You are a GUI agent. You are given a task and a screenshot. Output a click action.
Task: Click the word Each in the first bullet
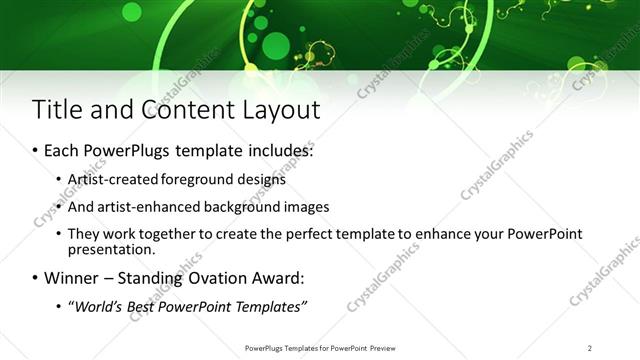coord(63,152)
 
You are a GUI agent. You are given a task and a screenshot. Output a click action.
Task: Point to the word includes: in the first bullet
coord(275,152)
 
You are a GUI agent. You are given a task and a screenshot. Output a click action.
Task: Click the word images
coord(302,207)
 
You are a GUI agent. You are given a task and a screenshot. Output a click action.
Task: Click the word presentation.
coord(110,250)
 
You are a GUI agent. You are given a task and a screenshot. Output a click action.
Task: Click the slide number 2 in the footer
coord(589,347)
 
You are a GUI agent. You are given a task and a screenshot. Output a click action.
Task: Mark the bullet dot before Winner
coord(35,278)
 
